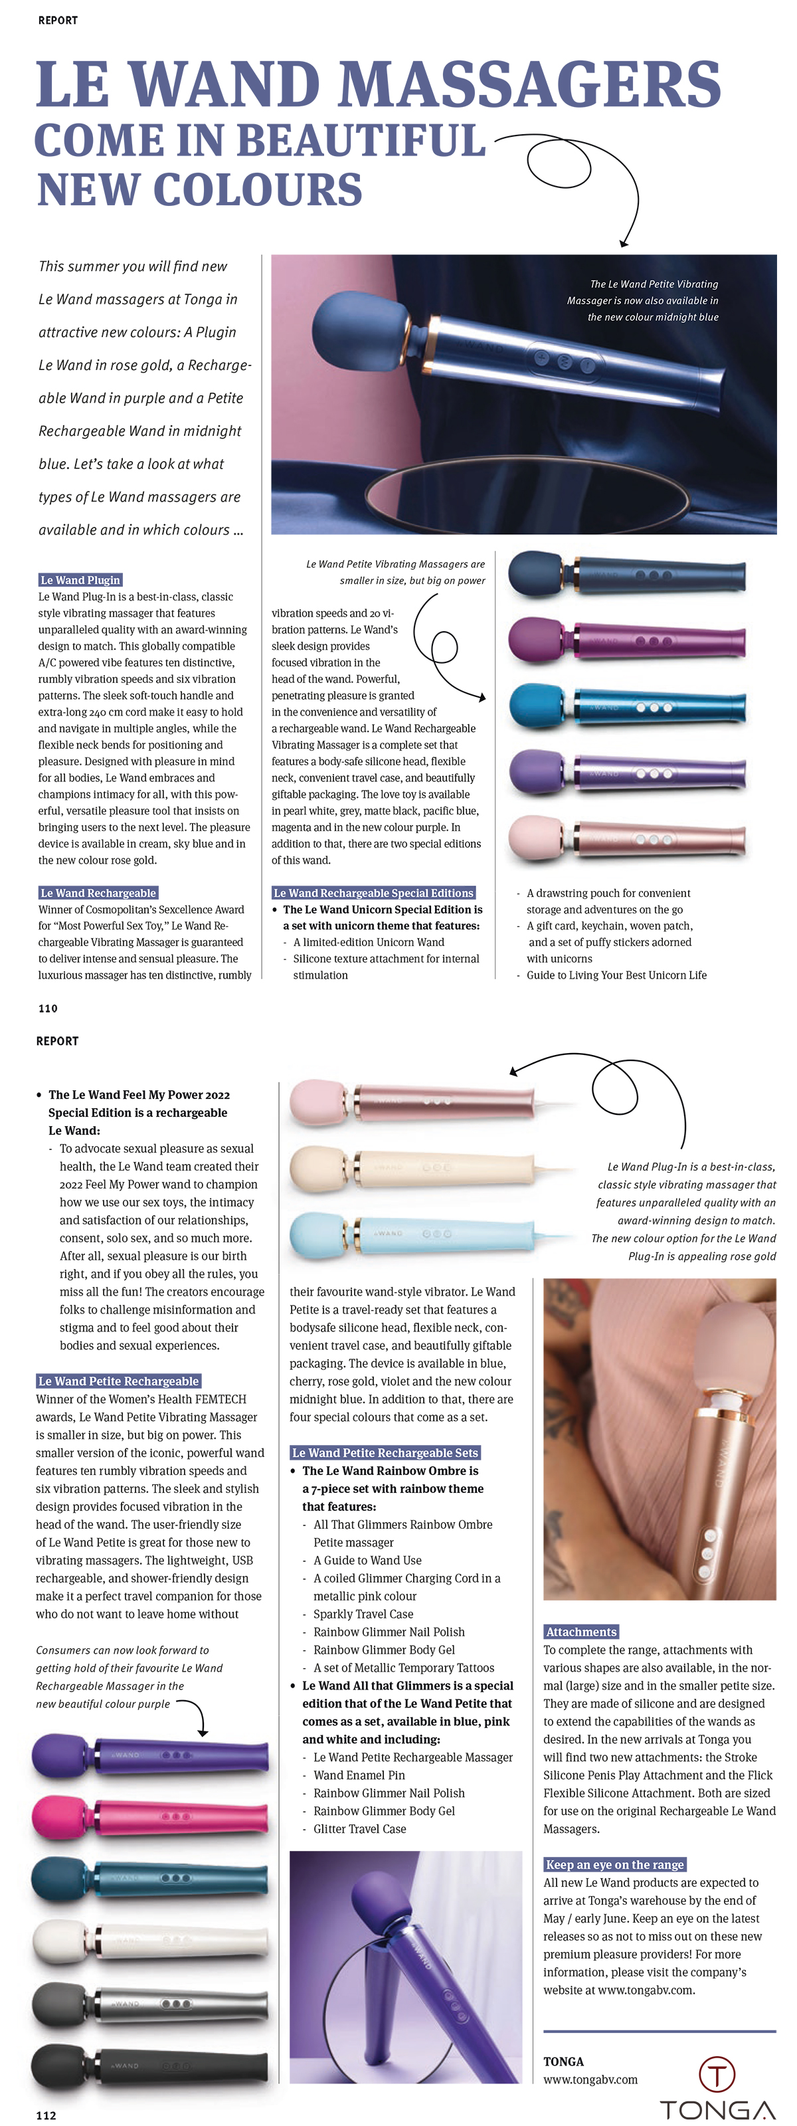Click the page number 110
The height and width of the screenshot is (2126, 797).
pos(48,1008)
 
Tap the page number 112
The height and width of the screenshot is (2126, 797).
pos(46,2115)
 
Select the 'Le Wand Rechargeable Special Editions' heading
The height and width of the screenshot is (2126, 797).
pos(373,893)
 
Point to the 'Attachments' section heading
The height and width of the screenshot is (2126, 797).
pos(581,1632)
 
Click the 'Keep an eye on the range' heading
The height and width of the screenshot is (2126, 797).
pos(614,1864)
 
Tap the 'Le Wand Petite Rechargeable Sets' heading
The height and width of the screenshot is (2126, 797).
pos(385,1452)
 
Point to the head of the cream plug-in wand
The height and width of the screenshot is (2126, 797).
pos(317,1167)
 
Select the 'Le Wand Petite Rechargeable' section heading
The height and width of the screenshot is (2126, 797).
pos(119,1381)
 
